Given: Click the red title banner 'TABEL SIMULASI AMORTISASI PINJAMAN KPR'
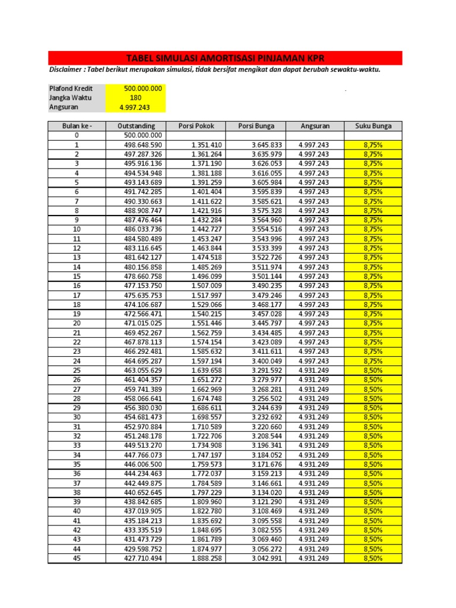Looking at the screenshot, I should (x=225, y=58).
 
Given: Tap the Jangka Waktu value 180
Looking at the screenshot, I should (x=135, y=98).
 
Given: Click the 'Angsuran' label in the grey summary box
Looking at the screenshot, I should (x=64, y=107).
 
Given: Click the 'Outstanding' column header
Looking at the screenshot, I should (x=137, y=126).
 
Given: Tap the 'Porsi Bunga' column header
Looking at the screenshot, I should (x=255, y=126).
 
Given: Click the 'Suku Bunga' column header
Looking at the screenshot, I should (x=373, y=126).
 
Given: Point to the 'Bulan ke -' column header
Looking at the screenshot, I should (x=77, y=126).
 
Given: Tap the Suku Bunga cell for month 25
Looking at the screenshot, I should (x=373, y=370).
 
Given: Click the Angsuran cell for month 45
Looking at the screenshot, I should (x=313, y=559).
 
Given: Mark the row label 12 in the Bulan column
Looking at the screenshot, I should (x=77, y=248).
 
